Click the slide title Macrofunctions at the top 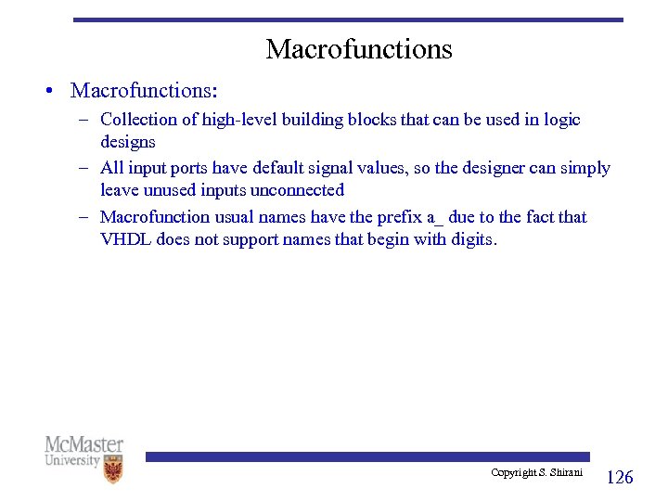359,49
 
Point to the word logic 559,120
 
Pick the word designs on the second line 127,142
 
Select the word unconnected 297,190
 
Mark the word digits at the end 471,239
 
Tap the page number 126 619,477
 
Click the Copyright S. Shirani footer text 536,473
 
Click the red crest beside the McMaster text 112,469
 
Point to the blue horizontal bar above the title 348,19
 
